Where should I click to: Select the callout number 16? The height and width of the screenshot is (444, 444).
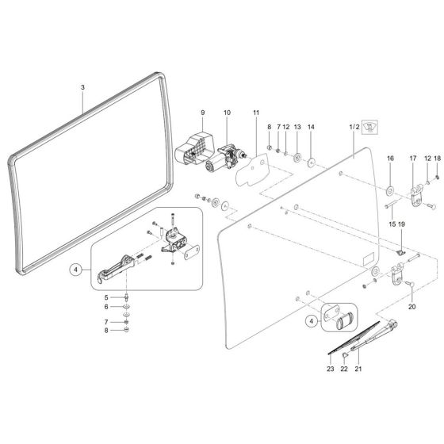click(x=389, y=159)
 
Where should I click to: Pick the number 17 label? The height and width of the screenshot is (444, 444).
click(x=412, y=159)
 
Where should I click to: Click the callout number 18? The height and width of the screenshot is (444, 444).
click(x=437, y=159)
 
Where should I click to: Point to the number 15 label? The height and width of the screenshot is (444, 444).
click(x=389, y=224)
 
